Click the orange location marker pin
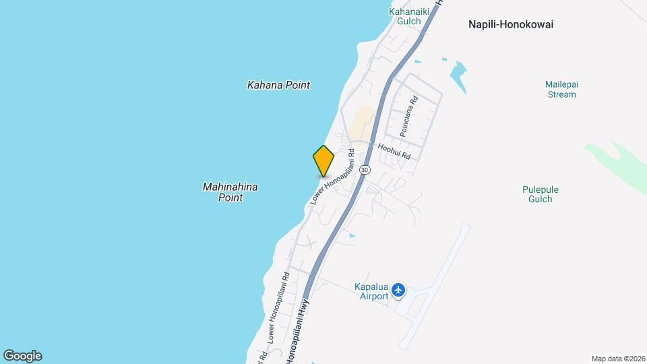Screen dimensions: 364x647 coord(323,161)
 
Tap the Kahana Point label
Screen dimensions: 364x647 coord(278,85)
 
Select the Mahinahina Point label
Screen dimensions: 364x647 coord(230,192)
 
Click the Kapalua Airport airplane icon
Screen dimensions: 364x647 coord(399,290)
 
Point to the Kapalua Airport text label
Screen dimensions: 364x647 coord(371,291)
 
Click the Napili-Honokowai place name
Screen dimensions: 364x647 coord(511,24)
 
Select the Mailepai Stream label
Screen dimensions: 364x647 coord(561,90)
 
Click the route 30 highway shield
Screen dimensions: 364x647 coord(365,169)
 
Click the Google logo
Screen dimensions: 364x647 coord(22,356)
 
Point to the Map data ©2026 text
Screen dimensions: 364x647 coord(617,359)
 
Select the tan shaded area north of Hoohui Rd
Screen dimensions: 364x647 coord(363,123)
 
